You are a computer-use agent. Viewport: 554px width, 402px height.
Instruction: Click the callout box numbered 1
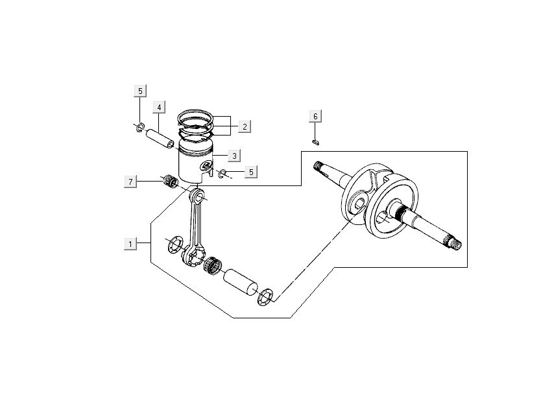[x=130, y=244]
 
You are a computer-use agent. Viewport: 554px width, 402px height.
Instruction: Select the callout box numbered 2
[x=244, y=126]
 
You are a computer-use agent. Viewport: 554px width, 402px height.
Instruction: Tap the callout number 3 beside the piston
[x=234, y=156]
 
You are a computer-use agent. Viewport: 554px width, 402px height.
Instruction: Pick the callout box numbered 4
[x=159, y=107]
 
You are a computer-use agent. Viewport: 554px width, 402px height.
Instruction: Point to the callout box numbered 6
[x=315, y=117]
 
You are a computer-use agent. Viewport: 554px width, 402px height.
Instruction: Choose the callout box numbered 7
[x=130, y=182]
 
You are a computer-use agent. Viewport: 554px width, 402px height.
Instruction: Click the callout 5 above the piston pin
[x=141, y=91]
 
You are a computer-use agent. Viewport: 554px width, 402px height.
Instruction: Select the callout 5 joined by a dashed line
[x=252, y=172]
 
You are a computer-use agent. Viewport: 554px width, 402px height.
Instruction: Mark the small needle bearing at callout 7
[x=172, y=181]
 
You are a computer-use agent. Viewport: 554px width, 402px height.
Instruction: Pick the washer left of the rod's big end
[x=175, y=245]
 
